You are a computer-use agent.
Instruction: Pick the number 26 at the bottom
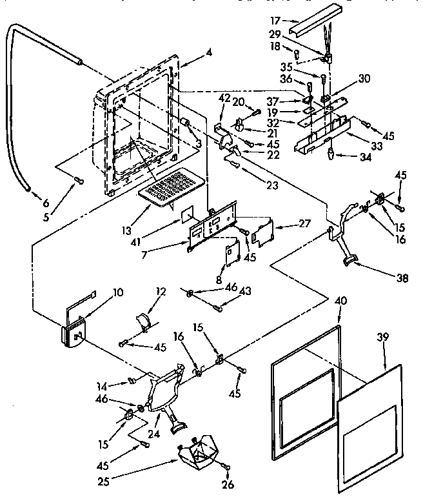[228, 485]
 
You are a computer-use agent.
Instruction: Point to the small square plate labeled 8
[233, 250]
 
